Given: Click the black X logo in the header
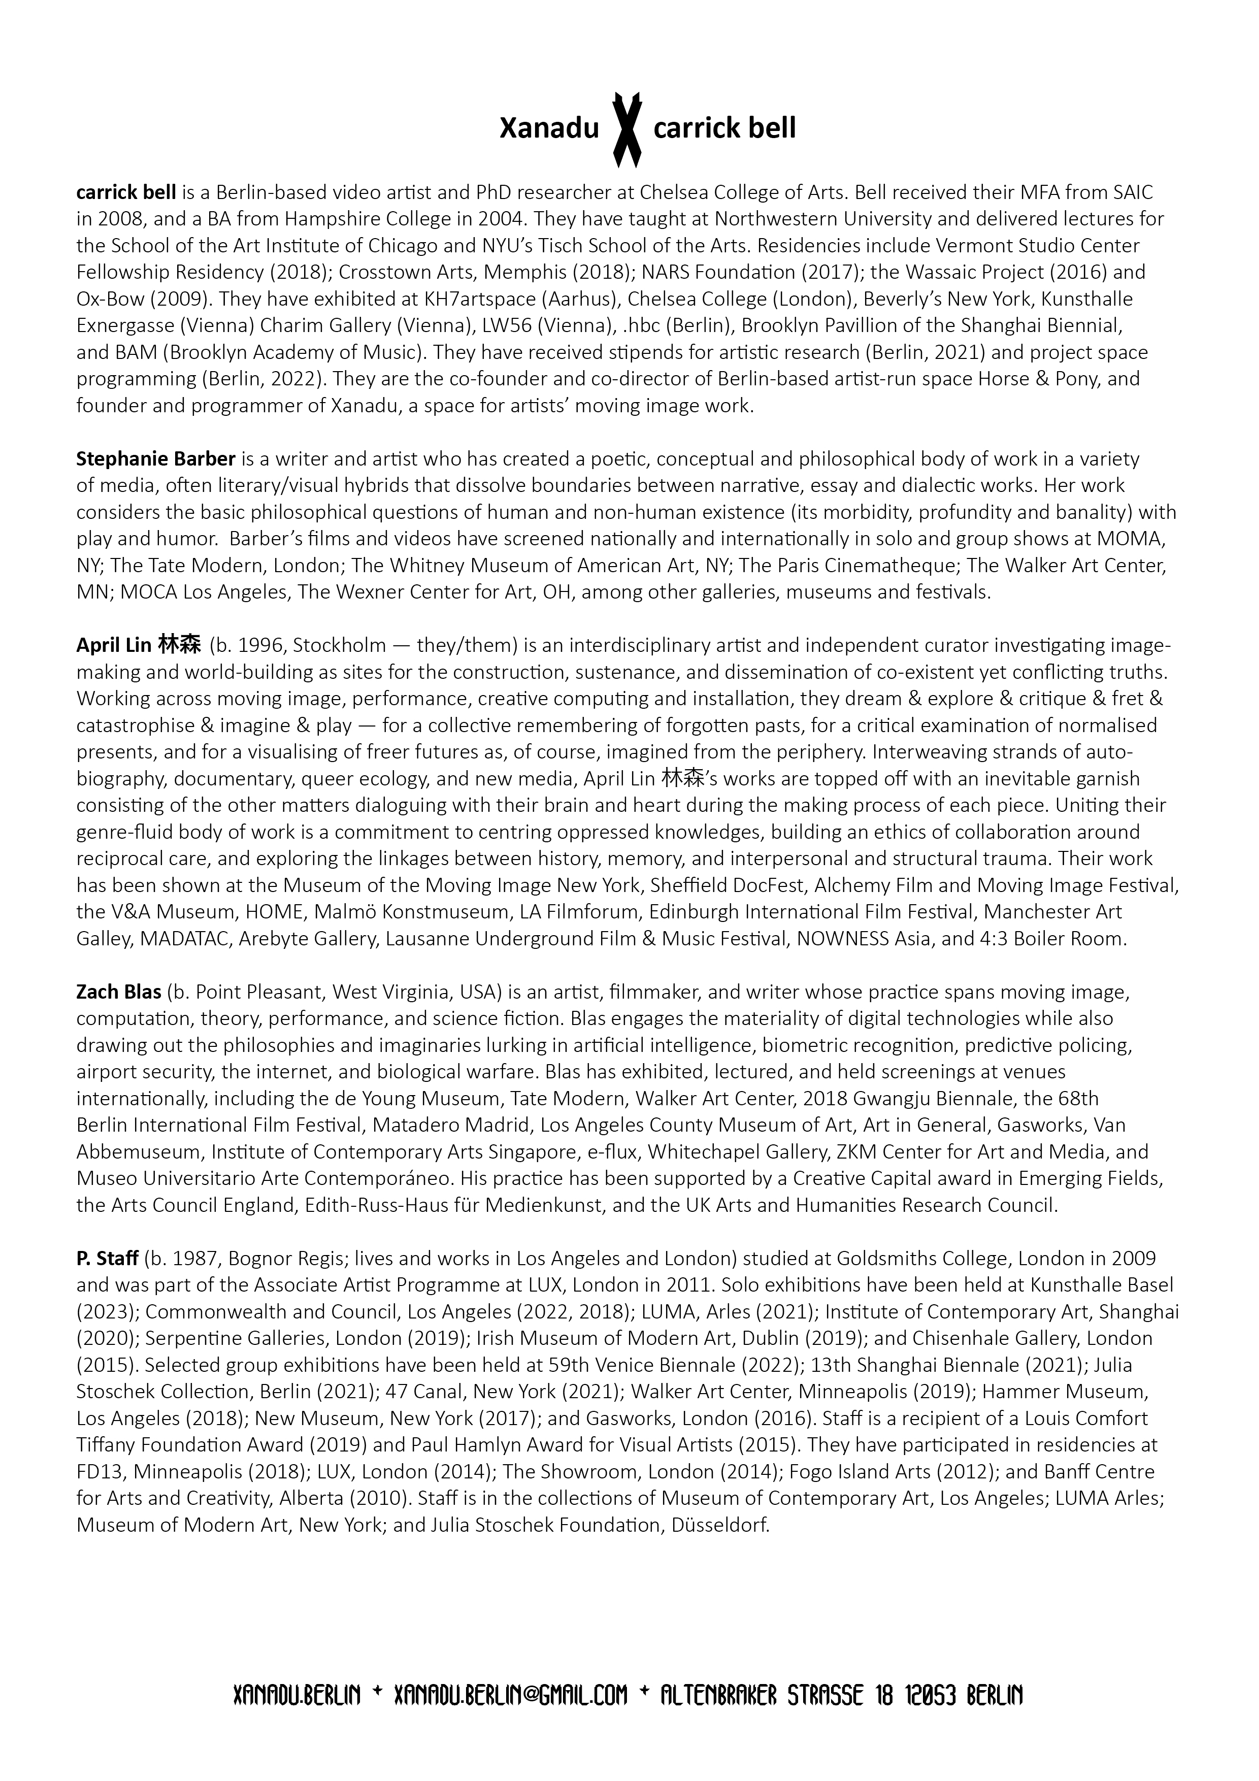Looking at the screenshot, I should coord(627,129).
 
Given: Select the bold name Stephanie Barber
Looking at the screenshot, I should coord(156,459).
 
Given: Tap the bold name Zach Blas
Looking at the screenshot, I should coord(119,992).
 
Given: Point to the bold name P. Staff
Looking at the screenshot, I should coord(107,1258).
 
